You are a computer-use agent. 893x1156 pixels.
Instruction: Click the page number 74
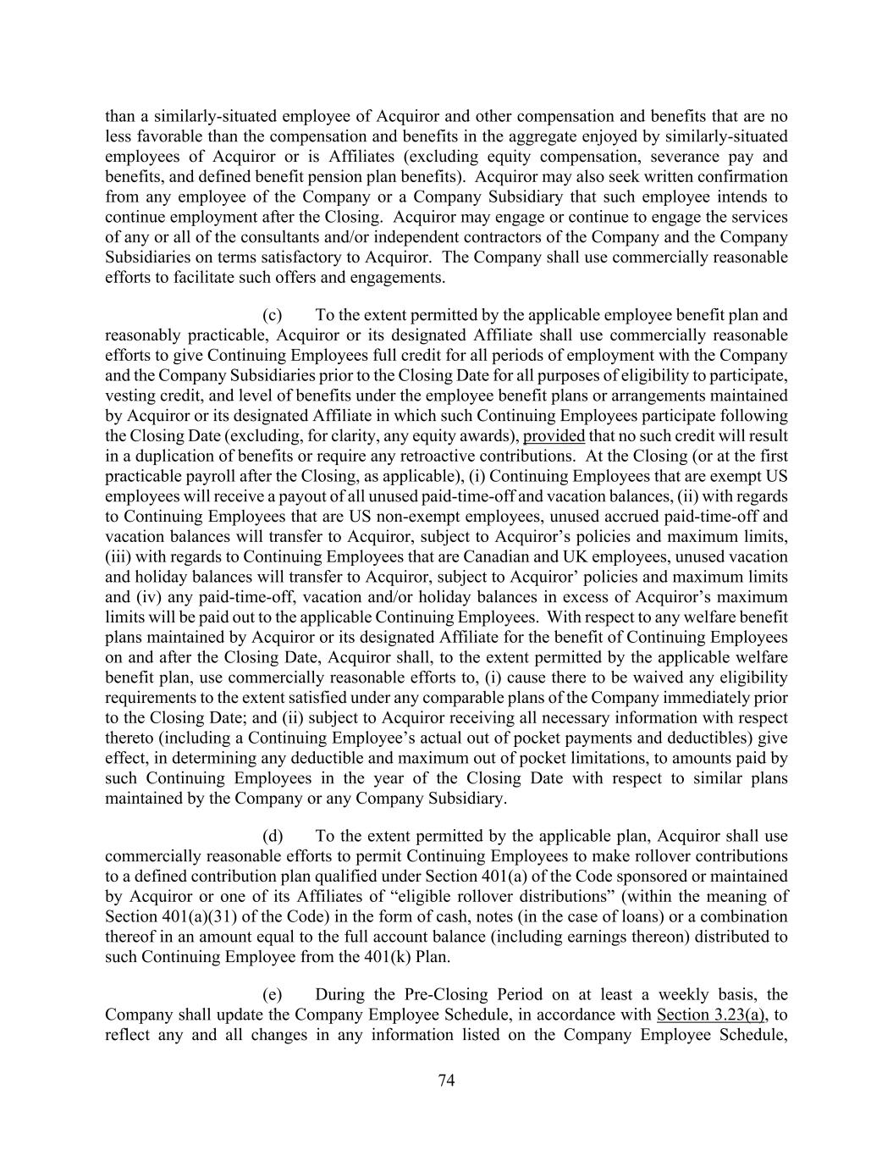click(x=447, y=1080)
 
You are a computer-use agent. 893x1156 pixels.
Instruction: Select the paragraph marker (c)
click(x=273, y=315)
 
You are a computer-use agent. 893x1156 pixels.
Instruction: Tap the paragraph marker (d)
click(x=273, y=836)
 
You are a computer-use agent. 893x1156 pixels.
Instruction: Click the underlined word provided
click(x=554, y=436)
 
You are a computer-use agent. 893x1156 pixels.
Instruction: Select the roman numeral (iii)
click(x=119, y=556)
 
